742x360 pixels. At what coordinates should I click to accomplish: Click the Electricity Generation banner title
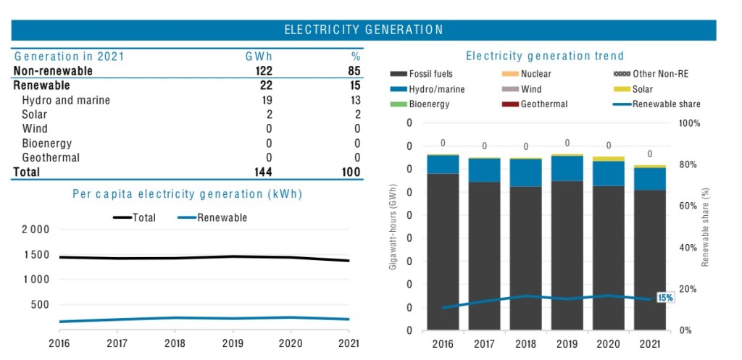coord(364,30)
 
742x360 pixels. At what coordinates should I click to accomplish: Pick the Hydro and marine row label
coord(66,100)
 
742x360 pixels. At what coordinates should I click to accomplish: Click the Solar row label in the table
coord(35,114)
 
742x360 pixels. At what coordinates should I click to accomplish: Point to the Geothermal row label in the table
coord(51,158)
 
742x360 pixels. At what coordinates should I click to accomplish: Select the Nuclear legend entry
coord(535,74)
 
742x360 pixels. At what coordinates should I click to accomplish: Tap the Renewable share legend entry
coord(666,104)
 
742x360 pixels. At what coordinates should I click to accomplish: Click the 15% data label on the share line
coord(664,298)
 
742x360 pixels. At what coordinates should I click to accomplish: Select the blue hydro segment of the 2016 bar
coord(443,164)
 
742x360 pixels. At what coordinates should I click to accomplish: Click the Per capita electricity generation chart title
coord(187,194)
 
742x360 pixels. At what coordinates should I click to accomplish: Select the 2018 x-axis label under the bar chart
coord(526,344)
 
